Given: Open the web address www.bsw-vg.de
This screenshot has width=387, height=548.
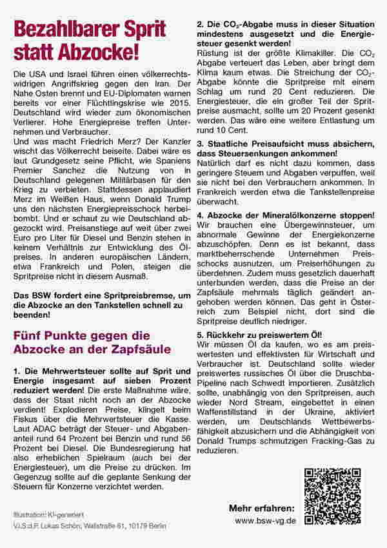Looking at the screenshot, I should (x=266, y=520).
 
